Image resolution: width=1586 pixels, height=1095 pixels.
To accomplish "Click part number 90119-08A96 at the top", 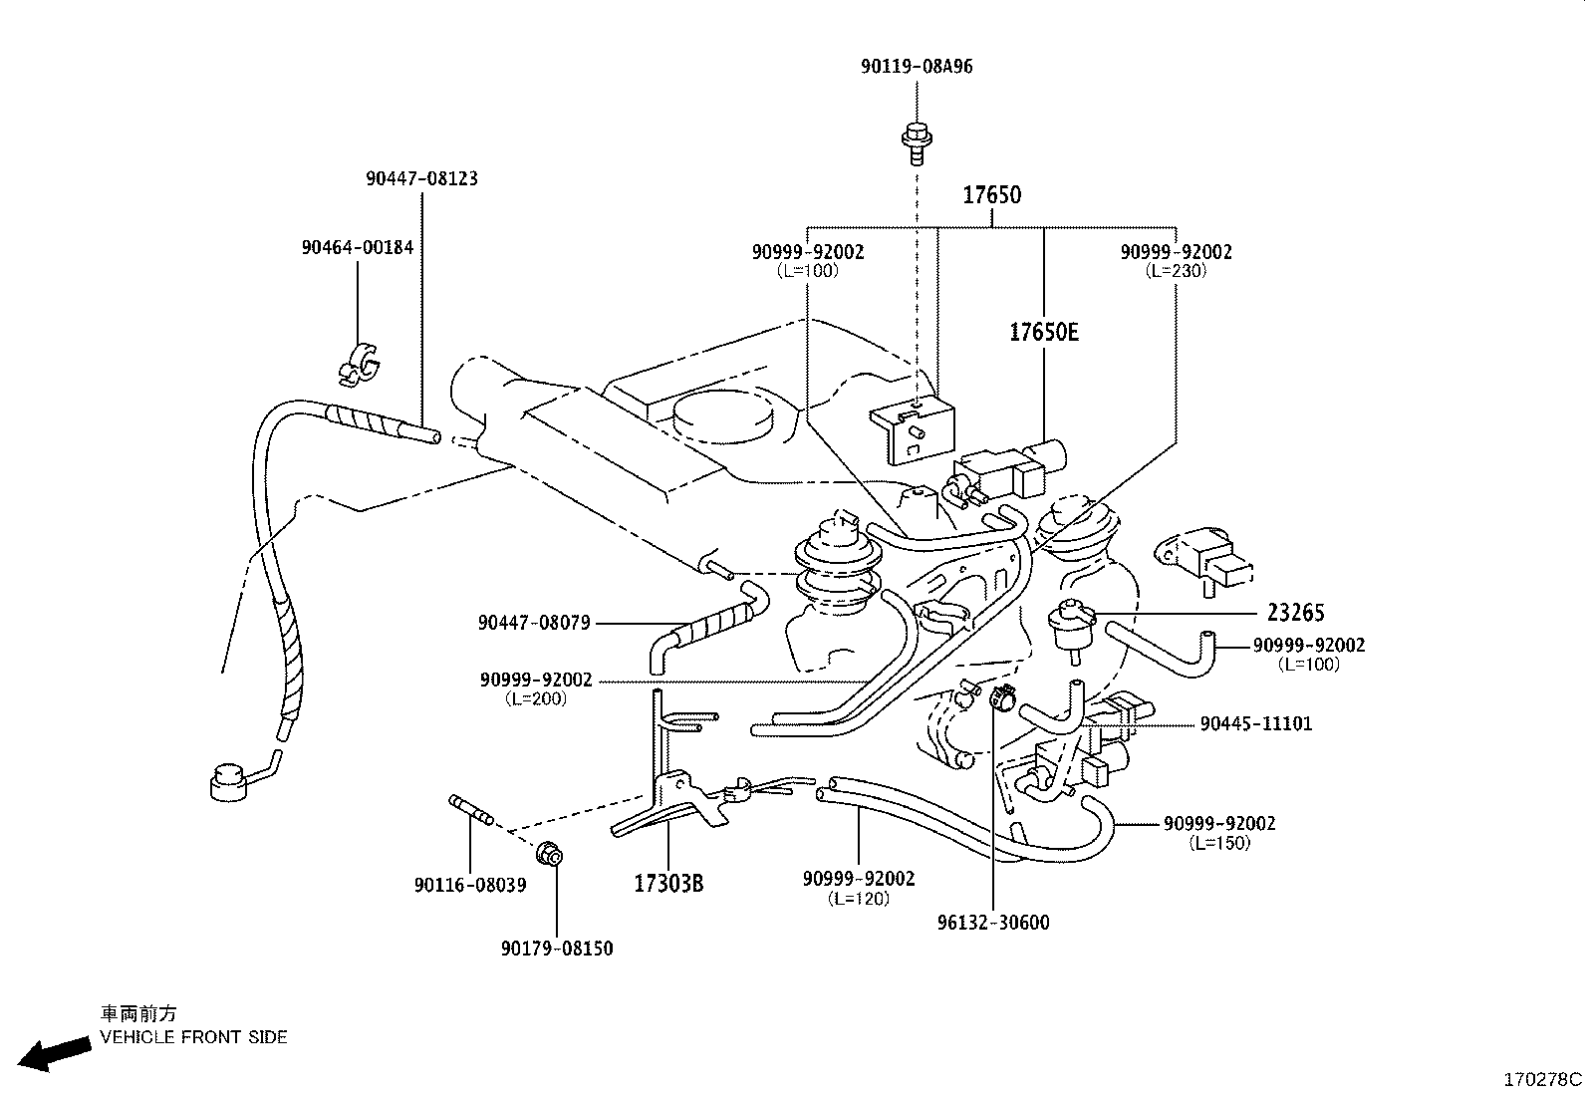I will pos(917,67).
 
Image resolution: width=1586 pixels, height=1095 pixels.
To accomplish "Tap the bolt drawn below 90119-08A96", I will pos(914,141).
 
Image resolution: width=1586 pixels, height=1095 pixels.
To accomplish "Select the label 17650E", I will pos(1043,332).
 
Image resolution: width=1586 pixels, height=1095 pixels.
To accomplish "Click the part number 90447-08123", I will pos(421,178).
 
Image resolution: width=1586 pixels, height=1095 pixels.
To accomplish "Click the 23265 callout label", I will pos(1296,613).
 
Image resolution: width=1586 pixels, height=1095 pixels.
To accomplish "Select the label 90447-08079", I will pos(534,623).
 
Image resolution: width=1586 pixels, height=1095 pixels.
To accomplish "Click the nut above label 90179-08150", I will pos(549,853).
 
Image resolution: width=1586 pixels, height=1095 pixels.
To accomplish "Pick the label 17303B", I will pos(668,883).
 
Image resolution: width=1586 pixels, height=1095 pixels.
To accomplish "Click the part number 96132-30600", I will pos(992,923).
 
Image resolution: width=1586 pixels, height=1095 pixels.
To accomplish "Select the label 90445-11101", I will pos(1255,723).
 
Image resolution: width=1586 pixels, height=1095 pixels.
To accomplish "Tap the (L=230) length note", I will pos(1176,271).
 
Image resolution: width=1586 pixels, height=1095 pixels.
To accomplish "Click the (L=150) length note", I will pos(1219,843).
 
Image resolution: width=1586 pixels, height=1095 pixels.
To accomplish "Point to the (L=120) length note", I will pos(858,899).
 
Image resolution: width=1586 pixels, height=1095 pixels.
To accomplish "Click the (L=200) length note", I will pos(536,699).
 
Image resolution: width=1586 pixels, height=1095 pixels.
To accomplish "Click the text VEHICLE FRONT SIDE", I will pos(193,1037).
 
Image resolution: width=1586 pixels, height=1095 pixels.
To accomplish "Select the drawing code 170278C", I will pos(1542,1079).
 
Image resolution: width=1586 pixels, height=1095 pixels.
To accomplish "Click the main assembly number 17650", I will pos(991,195).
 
